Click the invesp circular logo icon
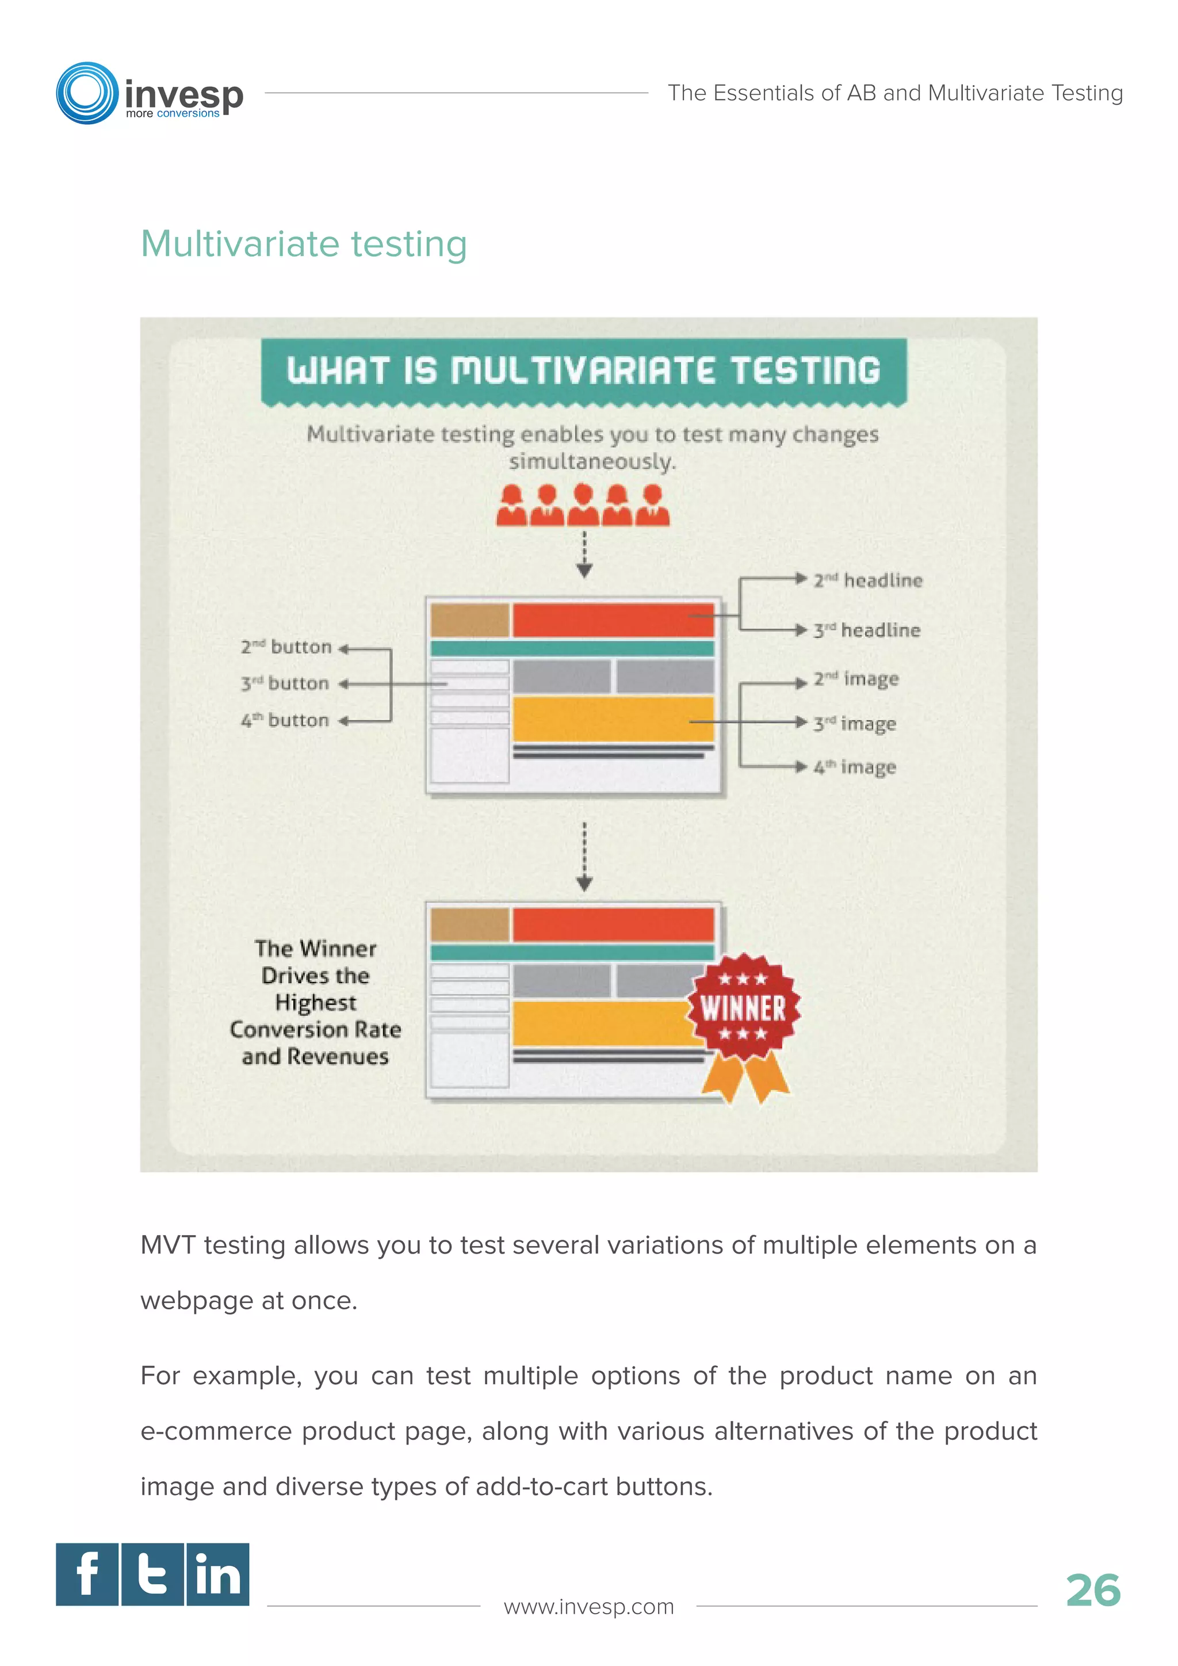87,93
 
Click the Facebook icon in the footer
87,1574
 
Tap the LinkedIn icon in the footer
217,1574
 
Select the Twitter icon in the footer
152,1574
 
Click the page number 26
1092,1591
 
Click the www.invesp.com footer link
588,1607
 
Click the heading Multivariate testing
303,244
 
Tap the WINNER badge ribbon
744,1016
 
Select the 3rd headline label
866,630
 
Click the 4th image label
855,767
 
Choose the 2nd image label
856,679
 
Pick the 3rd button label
285,683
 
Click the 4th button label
285,720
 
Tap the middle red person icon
583,505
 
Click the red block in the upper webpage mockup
613,620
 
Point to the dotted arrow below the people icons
584,555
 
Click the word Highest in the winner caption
316,1003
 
